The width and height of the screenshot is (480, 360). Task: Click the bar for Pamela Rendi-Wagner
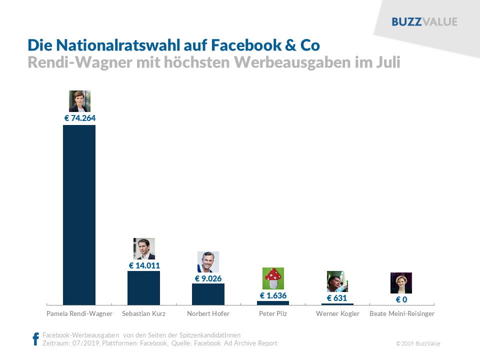point(79,215)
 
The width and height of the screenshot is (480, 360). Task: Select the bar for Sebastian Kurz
point(143,288)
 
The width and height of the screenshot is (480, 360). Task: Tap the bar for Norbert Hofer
point(208,294)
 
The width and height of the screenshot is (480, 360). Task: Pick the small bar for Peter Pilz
point(273,302)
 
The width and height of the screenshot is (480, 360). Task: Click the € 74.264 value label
point(79,118)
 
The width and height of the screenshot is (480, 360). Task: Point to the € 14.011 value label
point(144,265)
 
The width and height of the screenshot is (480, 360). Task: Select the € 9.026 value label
point(208,278)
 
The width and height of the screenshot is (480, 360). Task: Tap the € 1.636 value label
point(273,295)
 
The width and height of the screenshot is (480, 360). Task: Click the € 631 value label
point(337,298)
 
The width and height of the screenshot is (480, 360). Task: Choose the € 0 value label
point(401,299)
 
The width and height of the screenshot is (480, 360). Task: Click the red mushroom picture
point(273,278)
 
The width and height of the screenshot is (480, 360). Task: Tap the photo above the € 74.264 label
point(79,101)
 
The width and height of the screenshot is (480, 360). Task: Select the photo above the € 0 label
point(401,283)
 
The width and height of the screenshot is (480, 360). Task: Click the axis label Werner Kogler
point(337,314)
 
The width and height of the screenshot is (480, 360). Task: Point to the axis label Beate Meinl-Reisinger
point(402,314)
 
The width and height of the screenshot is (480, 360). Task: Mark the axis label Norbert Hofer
point(208,314)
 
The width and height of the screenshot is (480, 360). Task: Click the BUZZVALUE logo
point(424,22)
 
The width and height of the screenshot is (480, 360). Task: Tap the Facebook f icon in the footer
point(35,339)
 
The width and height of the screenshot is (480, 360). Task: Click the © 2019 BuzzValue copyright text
point(418,343)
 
